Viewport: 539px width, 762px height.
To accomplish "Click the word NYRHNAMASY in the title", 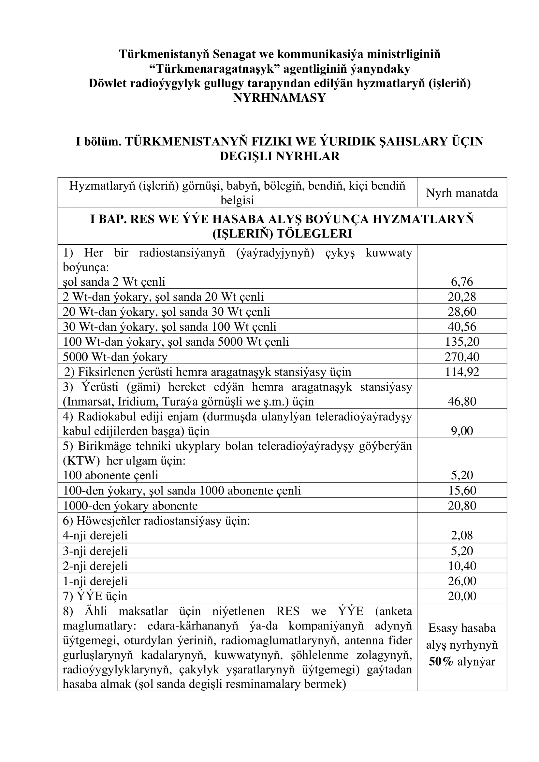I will pos(280,98).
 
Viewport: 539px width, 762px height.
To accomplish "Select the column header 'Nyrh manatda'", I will pos(462,193).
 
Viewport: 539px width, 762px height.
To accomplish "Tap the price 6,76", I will pos(462,282).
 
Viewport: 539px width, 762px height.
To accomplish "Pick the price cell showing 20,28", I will pos(462,296).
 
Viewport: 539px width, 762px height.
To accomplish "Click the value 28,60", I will pos(462,311).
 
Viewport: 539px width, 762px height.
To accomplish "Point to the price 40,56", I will pos(462,326).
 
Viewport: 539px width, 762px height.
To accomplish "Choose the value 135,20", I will pos(462,341).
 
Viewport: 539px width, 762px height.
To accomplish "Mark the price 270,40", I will pos(462,357).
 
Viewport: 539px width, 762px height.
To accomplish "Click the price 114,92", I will pos(462,372).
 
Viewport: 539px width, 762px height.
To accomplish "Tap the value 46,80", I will pos(462,401).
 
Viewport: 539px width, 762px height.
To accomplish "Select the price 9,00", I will pos(462,431).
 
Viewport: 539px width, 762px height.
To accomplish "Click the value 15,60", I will pos(462,490).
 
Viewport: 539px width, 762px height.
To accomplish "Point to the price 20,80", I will pos(462,506).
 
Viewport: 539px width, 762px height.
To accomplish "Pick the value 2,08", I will pos(462,535).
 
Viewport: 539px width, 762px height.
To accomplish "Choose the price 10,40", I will pos(462,566).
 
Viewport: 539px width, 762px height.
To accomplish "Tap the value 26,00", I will pos(462,581).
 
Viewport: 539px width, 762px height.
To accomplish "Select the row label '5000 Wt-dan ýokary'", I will pos(115,357).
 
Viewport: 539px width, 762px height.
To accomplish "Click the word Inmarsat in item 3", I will pos(88,402).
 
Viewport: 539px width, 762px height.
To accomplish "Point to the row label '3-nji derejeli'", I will pos(95,551).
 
